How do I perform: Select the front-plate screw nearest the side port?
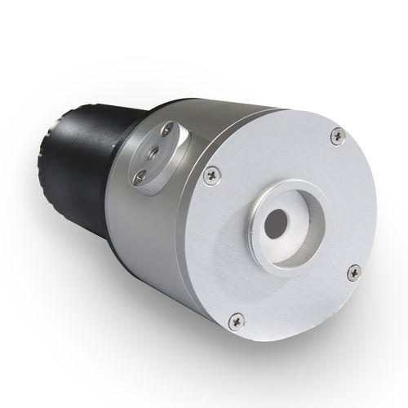pos(213,173)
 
